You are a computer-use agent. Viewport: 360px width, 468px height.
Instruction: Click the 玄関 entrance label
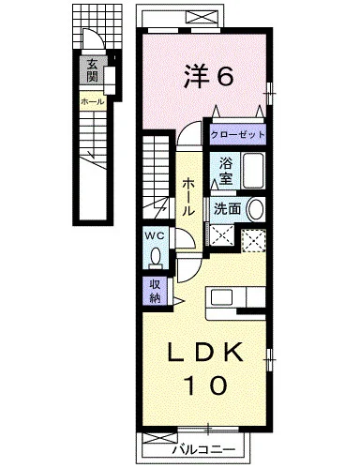(92, 70)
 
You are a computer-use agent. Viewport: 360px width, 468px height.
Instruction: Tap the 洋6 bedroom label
(208, 76)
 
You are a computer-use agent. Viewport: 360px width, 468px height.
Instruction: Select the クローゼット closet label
(237, 135)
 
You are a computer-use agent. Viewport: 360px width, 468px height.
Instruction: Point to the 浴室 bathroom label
(226, 171)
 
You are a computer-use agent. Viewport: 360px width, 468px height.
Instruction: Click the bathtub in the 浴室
(253, 171)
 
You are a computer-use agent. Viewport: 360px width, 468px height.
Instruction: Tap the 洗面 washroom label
(228, 208)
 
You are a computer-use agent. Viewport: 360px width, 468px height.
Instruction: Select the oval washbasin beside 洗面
(256, 209)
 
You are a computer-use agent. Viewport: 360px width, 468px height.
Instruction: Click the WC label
(155, 236)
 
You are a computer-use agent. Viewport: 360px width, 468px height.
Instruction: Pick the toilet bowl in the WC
(156, 256)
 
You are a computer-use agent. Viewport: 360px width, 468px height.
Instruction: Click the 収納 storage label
(156, 291)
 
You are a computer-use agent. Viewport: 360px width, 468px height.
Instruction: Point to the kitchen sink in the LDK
(221, 297)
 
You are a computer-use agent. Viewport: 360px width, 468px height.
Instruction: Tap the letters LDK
(206, 353)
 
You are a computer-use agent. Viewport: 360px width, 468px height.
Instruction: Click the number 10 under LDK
(205, 385)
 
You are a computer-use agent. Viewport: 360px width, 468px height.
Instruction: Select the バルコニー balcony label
(204, 450)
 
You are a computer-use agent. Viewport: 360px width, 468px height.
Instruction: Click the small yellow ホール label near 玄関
(92, 101)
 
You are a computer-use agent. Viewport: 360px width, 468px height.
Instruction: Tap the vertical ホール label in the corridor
(188, 197)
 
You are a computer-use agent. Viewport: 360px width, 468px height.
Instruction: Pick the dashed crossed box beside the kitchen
(253, 240)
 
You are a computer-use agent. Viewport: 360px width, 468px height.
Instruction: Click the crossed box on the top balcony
(202, 17)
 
